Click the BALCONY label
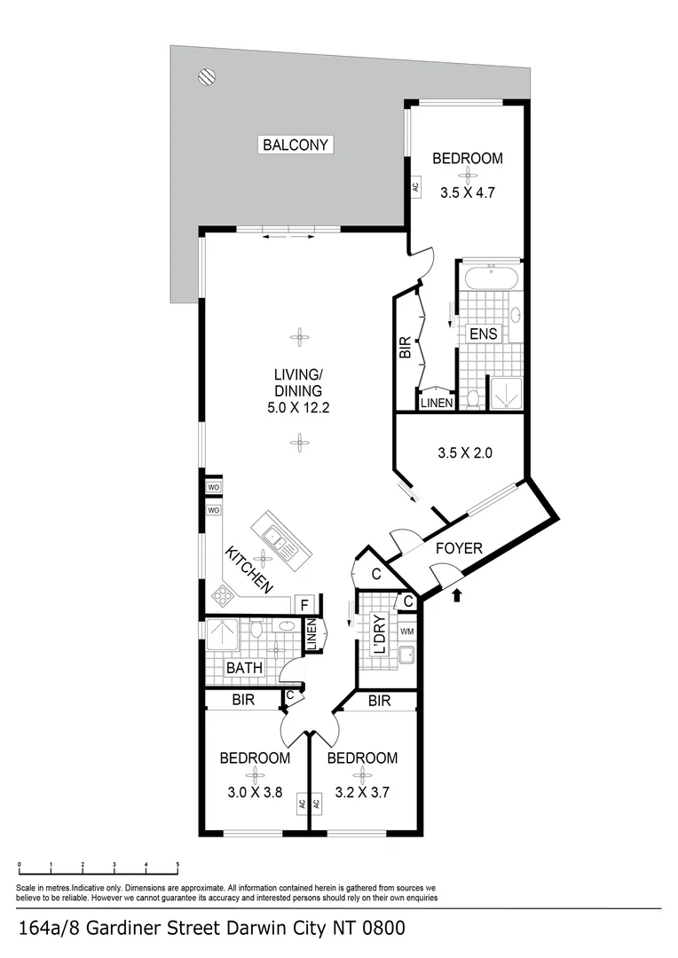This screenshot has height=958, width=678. point(296,145)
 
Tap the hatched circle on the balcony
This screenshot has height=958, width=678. point(206,77)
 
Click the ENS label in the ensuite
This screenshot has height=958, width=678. point(485,334)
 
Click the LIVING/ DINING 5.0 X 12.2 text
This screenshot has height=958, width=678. point(297,390)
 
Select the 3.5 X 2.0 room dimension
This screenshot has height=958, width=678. point(464,452)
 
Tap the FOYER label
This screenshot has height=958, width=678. point(459,548)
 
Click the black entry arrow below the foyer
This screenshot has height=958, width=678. point(457,596)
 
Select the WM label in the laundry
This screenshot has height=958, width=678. point(406,632)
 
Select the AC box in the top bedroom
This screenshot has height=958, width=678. point(414,187)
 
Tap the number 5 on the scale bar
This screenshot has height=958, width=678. point(177,865)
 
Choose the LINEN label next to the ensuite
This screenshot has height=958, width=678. point(436,403)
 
